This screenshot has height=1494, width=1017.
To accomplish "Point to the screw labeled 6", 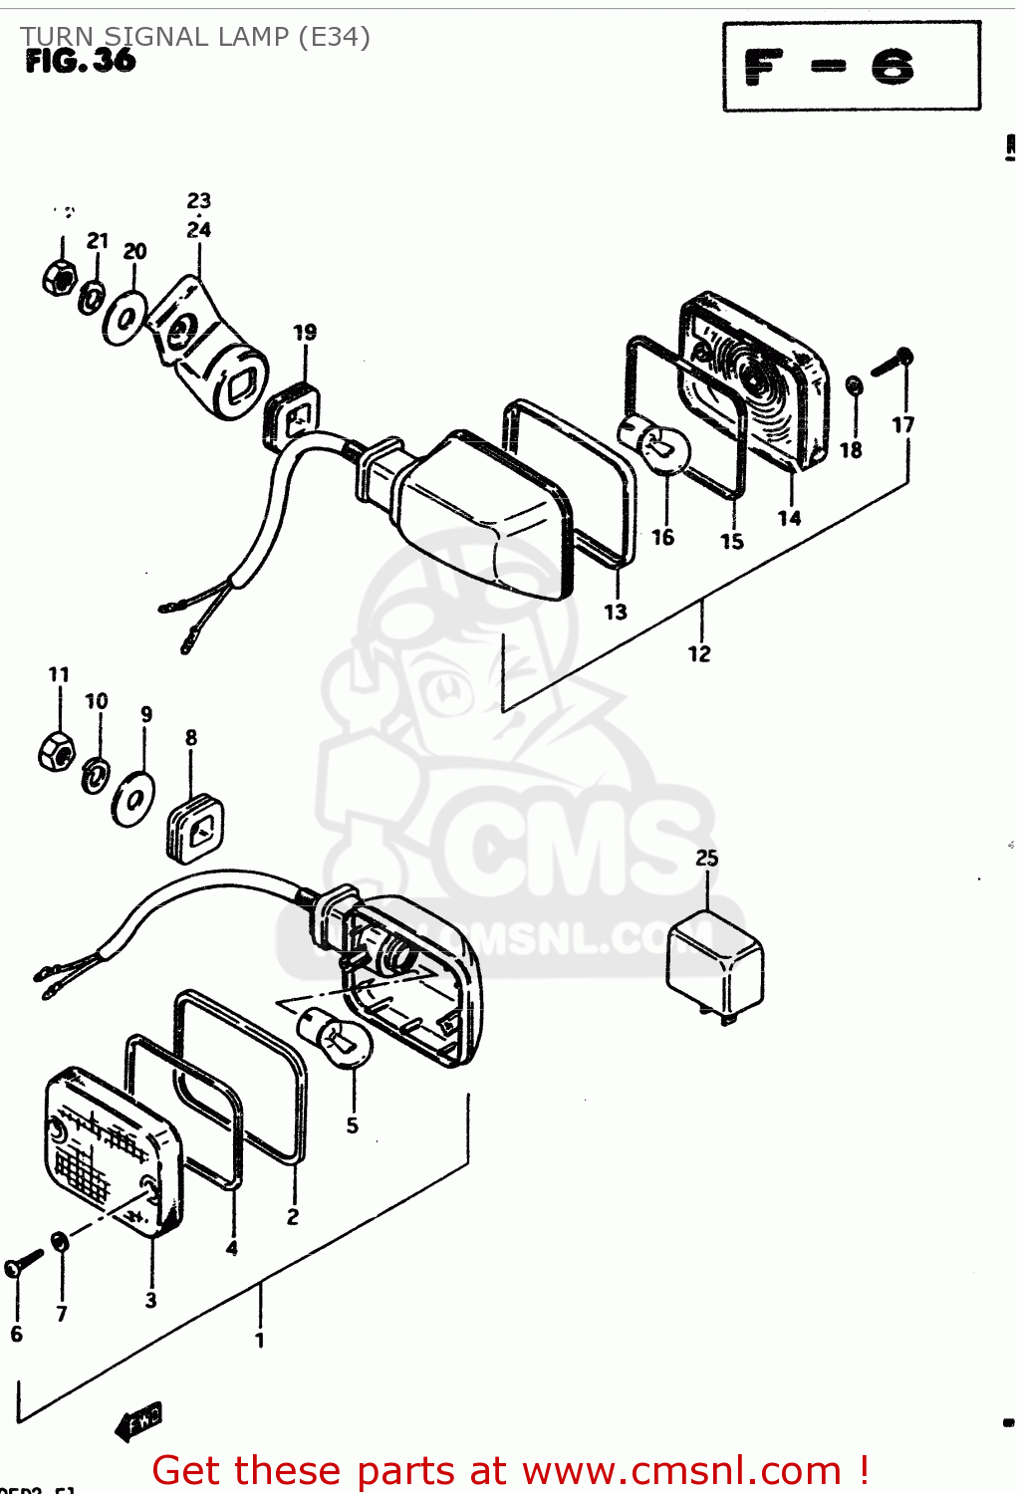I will pos(22,1263).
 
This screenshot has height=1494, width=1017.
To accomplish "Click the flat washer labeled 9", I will pos(132,798).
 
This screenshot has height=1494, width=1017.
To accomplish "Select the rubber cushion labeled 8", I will pos(195,827).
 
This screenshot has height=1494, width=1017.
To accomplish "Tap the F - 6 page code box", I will pos(851,67).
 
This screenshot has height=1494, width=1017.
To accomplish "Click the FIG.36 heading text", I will pos(80,61).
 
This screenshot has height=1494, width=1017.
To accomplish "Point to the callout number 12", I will pos(699,654).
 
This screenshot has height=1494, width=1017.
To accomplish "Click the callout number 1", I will pos(260,1341).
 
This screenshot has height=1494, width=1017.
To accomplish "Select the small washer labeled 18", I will pos(854,385).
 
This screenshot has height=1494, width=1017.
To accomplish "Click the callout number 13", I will pos(616,612).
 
